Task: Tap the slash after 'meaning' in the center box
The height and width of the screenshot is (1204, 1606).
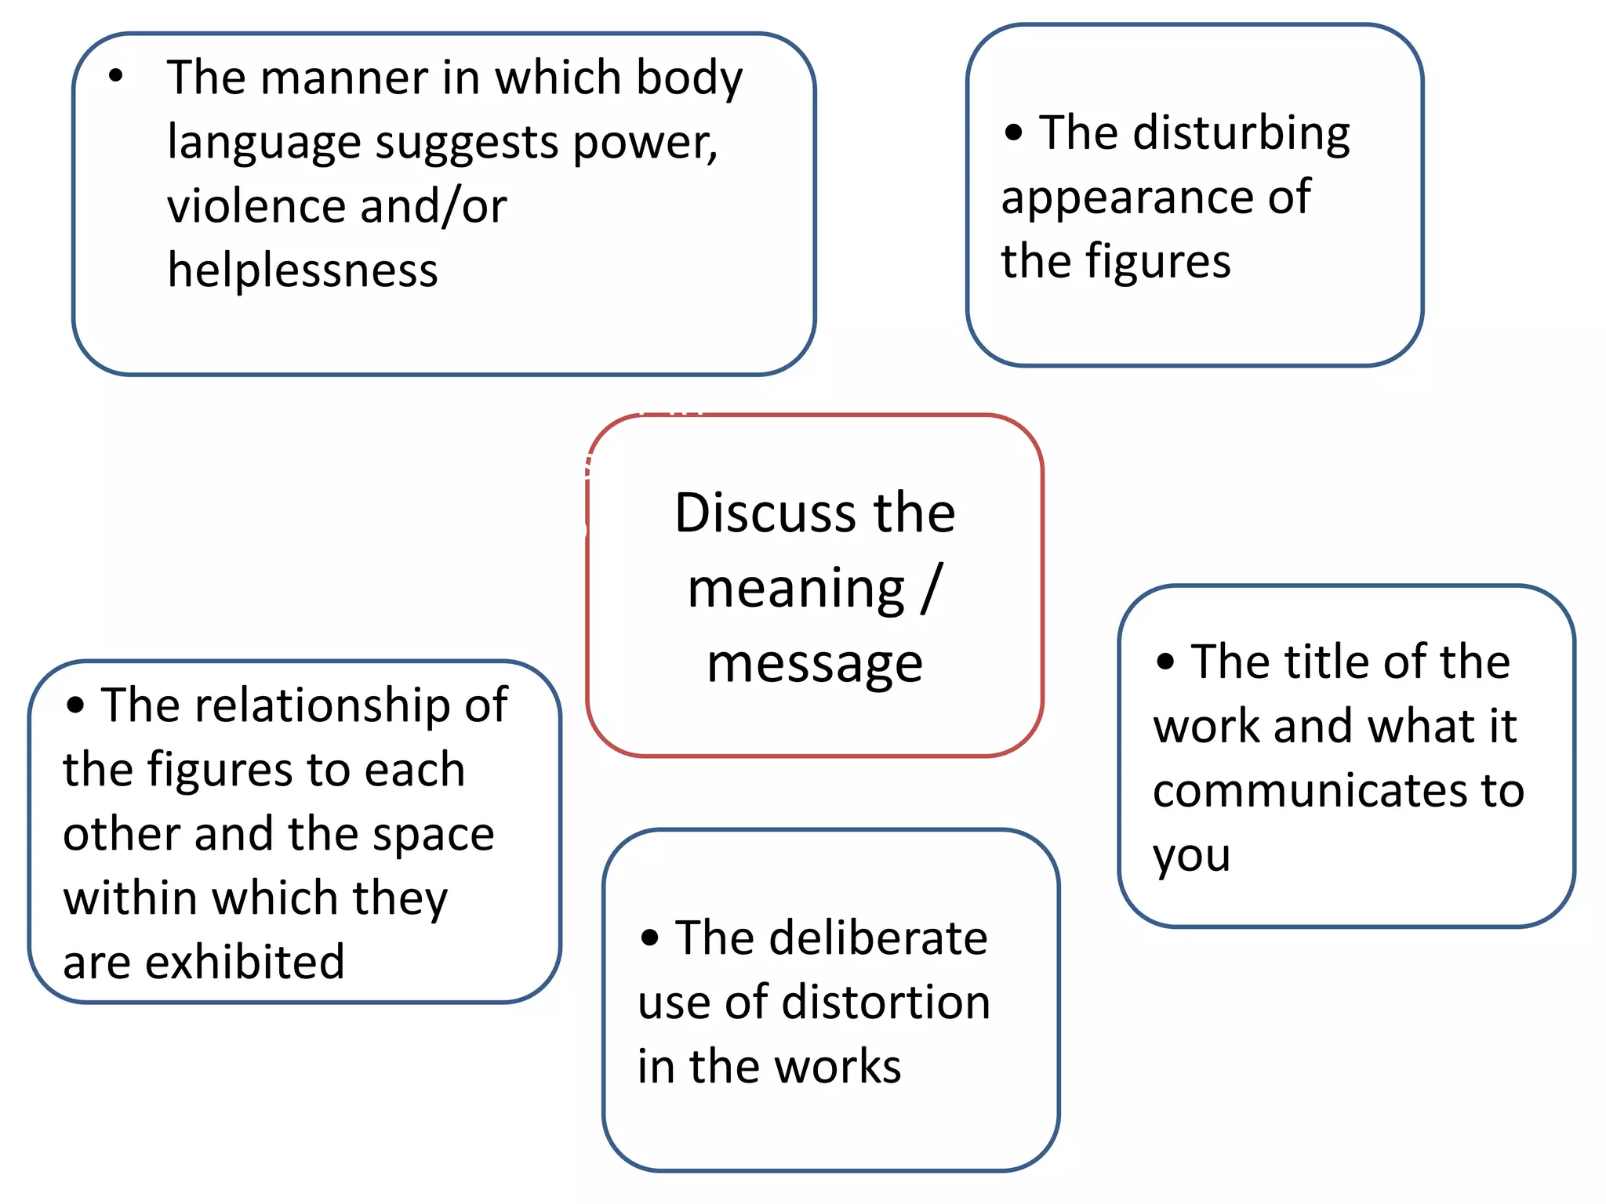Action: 931,588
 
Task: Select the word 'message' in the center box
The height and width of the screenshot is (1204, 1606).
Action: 815,663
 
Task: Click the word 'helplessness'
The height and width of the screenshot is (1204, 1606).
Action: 303,270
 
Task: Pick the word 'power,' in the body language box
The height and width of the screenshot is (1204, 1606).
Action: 645,143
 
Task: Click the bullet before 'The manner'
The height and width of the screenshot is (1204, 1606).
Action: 116,76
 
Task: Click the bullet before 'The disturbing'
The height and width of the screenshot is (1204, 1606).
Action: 1013,132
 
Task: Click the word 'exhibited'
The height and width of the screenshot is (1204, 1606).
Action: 245,962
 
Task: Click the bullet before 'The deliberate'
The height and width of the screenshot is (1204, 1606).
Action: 649,937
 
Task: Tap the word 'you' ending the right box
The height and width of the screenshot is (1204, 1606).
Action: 1190,856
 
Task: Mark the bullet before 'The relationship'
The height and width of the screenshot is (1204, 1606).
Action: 75,705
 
